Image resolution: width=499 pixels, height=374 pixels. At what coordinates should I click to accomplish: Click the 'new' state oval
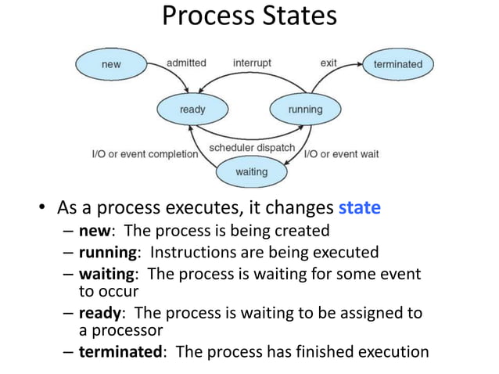tap(112, 64)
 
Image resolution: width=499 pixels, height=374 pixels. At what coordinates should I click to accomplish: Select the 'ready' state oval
tap(192, 110)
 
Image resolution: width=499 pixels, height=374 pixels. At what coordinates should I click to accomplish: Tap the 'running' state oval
tap(305, 110)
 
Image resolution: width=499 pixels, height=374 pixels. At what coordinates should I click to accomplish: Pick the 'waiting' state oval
tap(251, 171)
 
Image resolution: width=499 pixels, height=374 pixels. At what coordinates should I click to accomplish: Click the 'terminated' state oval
tap(397, 64)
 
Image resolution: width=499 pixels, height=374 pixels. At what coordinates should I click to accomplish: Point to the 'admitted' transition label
tap(187, 63)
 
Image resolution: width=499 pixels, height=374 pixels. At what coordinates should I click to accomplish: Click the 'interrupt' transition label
tap(253, 63)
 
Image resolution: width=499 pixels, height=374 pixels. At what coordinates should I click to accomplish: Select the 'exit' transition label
tap(329, 63)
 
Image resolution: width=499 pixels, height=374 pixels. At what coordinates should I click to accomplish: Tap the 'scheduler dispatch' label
tap(252, 148)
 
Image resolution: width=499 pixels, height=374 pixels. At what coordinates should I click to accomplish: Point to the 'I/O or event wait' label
tap(341, 154)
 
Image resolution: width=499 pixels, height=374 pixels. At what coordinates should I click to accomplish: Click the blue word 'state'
tap(359, 209)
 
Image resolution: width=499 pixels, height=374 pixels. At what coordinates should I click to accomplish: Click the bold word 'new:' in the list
tap(98, 231)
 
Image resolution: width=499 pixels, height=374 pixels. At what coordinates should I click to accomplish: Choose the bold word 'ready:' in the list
tap(102, 314)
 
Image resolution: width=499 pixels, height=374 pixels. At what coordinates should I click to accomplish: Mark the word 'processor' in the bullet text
tap(125, 331)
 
